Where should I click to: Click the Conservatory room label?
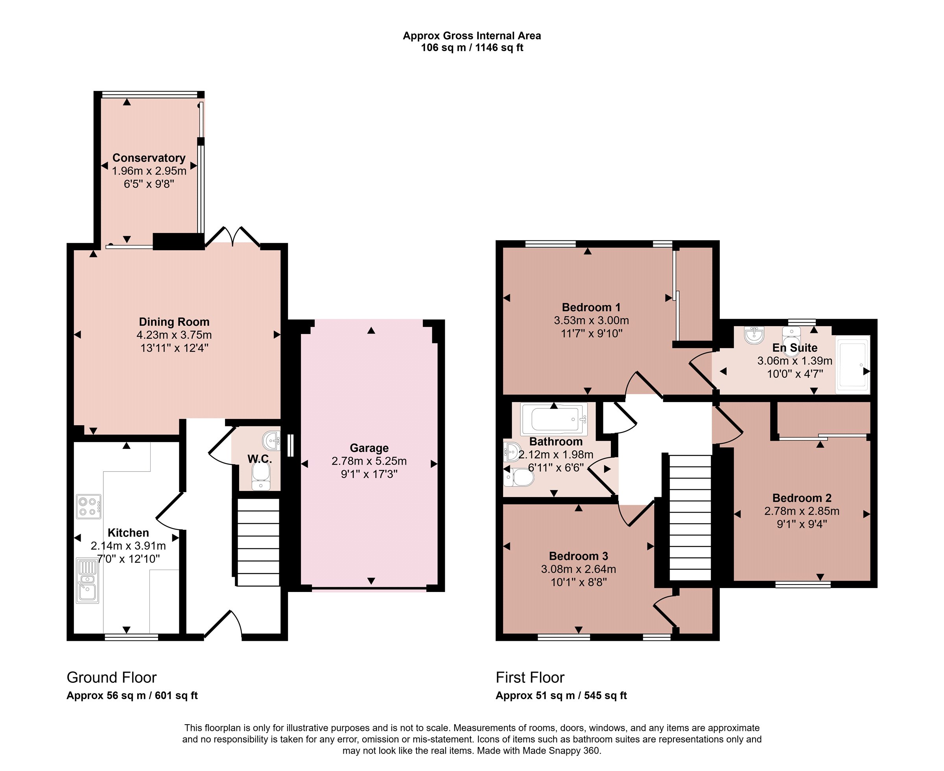click(x=149, y=158)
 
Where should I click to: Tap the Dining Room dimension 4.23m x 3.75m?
click(x=174, y=335)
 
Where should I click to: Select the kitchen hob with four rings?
click(x=89, y=507)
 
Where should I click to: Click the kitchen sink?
click(x=87, y=581)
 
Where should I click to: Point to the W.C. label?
click(x=260, y=459)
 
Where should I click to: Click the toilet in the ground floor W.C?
click(x=261, y=476)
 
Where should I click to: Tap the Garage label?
click(x=369, y=448)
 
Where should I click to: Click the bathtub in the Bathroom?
click(x=554, y=419)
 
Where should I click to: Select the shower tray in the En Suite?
click(x=852, y=364)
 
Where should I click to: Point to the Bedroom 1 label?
click(x=591, y=307)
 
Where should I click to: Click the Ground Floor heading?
click(x=111, y=677)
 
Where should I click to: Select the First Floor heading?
click(x=530, y=677)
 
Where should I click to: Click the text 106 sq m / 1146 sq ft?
click(x=472, y=48)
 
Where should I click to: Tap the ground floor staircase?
click(x=258, y=542)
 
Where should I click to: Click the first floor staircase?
click(x=690, y=517)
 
